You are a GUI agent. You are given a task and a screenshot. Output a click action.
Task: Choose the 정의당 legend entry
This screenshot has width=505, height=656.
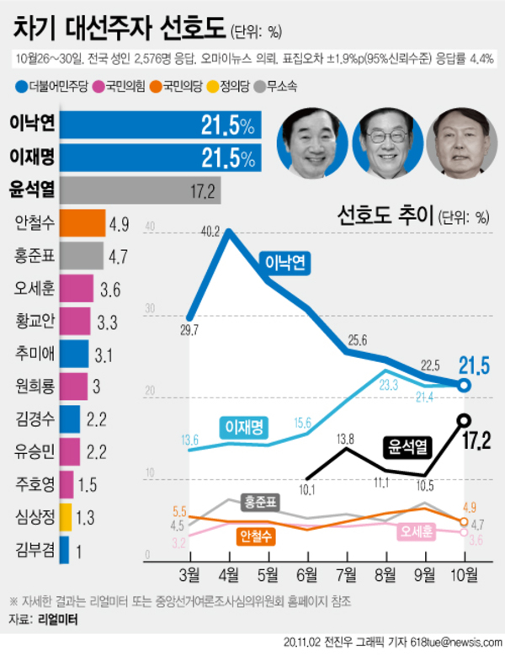point(232,86)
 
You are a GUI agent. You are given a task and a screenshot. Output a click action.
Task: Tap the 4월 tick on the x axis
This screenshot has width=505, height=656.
point(229,576)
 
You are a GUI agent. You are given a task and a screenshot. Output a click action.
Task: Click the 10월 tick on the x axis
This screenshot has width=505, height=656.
point(465,576)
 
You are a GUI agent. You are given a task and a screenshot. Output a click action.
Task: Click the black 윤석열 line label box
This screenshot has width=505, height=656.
point(410,445)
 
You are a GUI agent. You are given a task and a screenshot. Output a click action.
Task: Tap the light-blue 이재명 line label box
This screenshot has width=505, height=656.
point(245,428)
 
